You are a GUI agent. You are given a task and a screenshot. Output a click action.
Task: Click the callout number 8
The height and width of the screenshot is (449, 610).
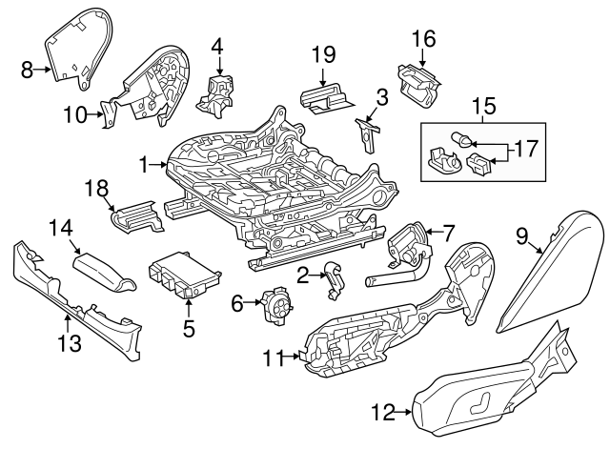(26, 68)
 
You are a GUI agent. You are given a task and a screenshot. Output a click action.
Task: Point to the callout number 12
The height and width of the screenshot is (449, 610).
(382, 412)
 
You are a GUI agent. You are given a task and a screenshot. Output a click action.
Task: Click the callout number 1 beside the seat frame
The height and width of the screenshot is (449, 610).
(145, 165)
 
